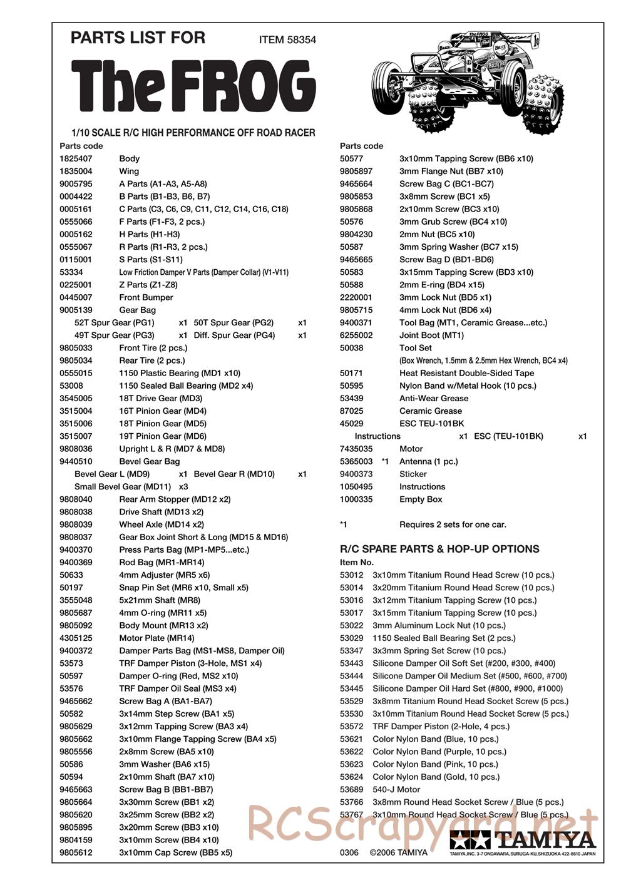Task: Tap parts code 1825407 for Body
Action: tap(76, 159)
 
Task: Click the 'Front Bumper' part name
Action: tap(146, 297)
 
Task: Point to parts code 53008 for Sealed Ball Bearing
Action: tap(71, 386)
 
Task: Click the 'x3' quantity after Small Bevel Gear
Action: tap(183, 486)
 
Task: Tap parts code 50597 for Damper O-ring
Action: tap(71, 676)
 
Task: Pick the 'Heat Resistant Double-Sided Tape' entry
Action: tap(466, 373)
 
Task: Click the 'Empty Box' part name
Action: tap(421, 499)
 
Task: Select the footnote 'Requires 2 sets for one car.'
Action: tap(453, 524)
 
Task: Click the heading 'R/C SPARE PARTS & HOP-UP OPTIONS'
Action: tap(439, 549)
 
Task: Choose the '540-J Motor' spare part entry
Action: tap(396, 789)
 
